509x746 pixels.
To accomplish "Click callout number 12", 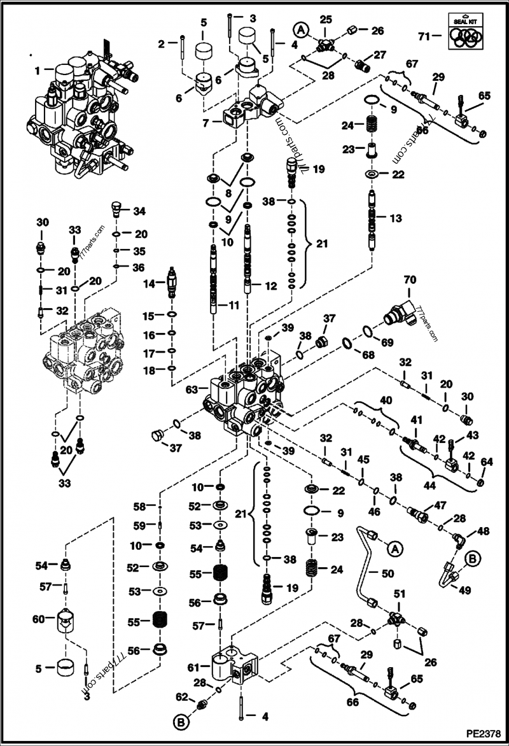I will click(x=272, y=286).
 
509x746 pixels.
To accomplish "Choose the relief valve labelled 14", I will click(x=171, y=284).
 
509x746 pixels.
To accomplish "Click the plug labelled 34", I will click(x=115, y=208).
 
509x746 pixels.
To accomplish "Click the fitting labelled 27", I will click(x=363, y=65).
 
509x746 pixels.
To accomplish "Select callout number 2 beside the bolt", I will click(x=162, y=43).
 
